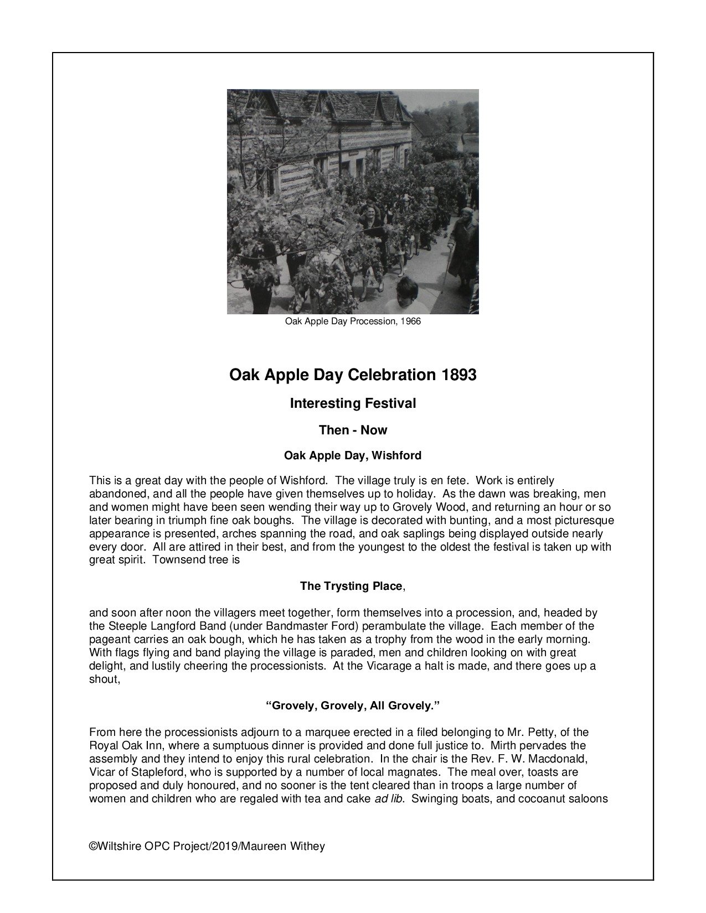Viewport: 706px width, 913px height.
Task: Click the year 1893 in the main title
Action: (x=458, y=375)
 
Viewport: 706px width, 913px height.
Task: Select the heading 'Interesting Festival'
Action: (x=353, y=403)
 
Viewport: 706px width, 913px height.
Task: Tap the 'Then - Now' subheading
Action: (x=353, y=430)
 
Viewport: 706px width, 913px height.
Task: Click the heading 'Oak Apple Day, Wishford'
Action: (x=353, y=455)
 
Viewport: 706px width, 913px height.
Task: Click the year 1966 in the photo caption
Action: (x=410, y=321)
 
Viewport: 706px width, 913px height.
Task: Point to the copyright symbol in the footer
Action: (x=92, y=846)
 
